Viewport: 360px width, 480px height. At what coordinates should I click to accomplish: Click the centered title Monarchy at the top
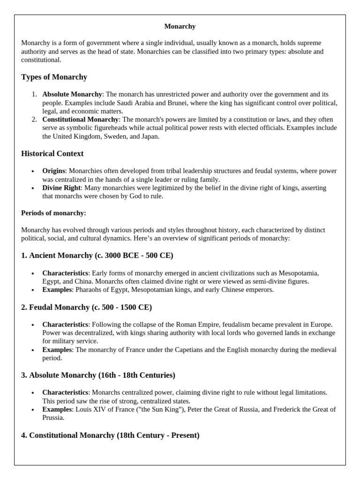[180, 26]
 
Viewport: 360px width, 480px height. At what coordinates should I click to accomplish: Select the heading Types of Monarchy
[54, 77]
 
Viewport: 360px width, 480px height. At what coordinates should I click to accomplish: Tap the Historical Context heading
[52, 153]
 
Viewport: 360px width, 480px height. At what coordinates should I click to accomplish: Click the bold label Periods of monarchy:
[53, 213]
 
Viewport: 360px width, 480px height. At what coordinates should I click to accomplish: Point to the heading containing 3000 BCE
[97, 255]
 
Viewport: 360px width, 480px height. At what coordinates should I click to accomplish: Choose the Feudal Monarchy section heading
[86, 307]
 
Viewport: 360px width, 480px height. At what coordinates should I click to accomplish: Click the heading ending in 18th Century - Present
[110, 435]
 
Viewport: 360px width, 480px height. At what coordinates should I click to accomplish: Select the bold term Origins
[54, 171]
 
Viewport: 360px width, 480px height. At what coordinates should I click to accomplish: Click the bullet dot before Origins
[33, 172]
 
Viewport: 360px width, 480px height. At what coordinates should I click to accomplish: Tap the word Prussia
[52, 417]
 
